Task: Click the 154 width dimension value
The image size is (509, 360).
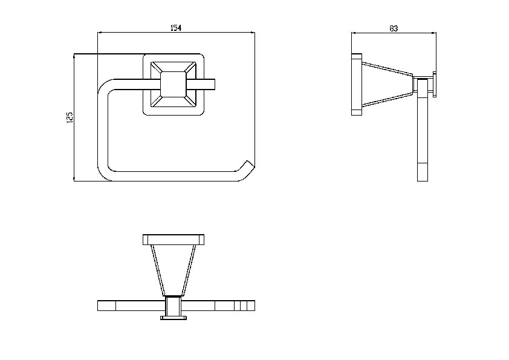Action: [176, 28]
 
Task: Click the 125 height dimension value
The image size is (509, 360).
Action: [70, 117]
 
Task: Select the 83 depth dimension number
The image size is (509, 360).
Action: [394, 28]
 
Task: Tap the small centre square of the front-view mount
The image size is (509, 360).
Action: [173, 84]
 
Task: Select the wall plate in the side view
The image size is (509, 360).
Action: [357, 85]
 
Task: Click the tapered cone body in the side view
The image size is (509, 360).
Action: [387, 85]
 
